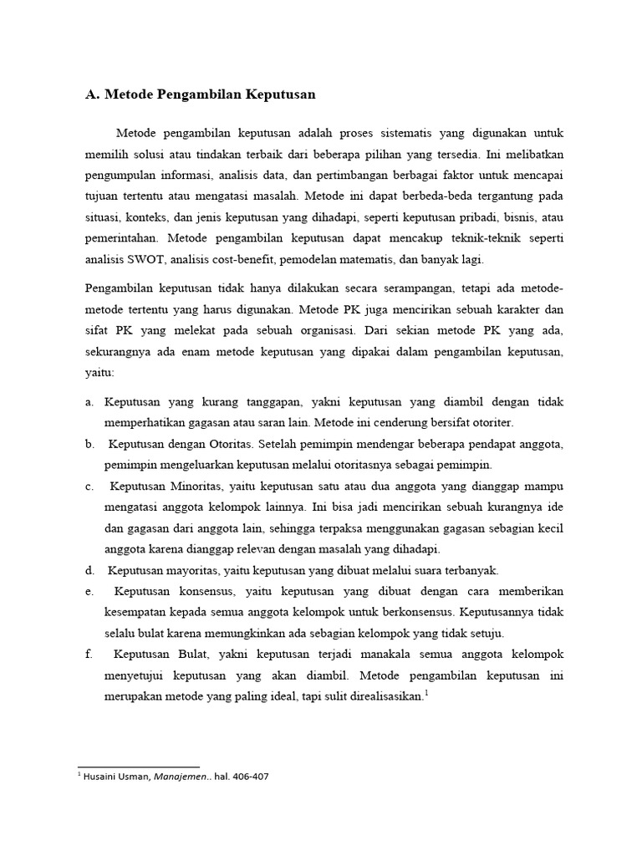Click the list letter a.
click(89, 402)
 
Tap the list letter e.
click(89, 591)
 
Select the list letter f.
click(88, 654)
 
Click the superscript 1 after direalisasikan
click(425, 692)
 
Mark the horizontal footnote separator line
click(139, 766)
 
